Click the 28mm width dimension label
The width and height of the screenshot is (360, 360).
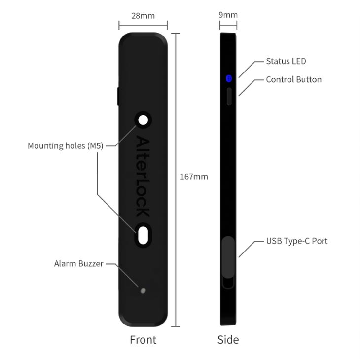(143, 16)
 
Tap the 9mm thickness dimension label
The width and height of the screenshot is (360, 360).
(228, 15)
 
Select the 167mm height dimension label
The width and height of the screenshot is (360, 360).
(194, 177)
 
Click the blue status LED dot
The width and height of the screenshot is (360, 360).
(229, 78)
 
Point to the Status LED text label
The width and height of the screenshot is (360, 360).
(286, 61)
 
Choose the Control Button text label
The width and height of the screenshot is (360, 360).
(293, 80)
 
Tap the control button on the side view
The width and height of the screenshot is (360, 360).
(229, 96)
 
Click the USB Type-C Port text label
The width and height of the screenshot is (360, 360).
(297, 241)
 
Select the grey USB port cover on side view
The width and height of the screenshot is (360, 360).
(228, 257)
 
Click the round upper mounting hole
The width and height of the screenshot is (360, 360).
(143, 120)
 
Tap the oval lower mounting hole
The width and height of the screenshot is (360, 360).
(143, 235)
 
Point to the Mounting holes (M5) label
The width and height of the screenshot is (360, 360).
(66, 146)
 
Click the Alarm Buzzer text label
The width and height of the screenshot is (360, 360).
(79, 263)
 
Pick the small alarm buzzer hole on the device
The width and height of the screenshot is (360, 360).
(143, 291)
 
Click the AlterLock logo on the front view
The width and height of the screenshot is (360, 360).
(143, 176)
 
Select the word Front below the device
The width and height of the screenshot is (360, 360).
(143, 340)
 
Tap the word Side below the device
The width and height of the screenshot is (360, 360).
(228, 340)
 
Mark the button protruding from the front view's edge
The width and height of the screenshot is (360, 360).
(118, 96)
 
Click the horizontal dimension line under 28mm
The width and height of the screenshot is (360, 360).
(143, 25)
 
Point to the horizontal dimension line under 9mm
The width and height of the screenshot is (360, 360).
(228, 25)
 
